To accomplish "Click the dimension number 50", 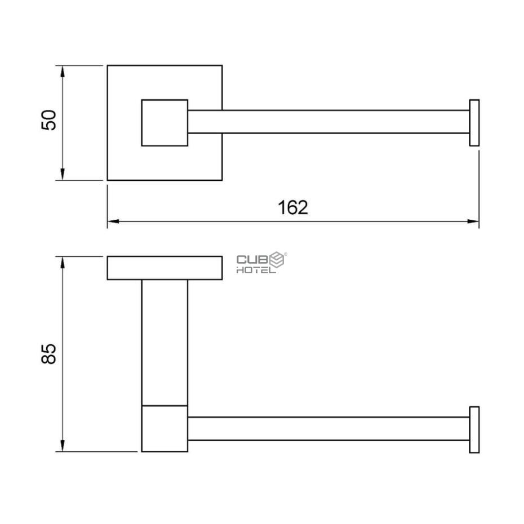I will click(x=50, y=120).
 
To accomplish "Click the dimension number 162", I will click(x=293, y=207).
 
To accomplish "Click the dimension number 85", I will click(x=50, y=353).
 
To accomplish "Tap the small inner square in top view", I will click(x=164, y=123).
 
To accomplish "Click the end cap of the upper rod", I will click(x=474, y=123).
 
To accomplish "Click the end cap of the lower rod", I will click(x=474, y=429).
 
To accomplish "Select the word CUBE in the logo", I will click(x=253, y=259).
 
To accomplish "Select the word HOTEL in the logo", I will click(x=256, y=270).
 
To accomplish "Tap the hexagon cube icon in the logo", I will click(x=278, y=260).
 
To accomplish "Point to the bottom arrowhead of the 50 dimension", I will click(x=63, y=176).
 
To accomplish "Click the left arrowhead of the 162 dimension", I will click(x=112, y=221).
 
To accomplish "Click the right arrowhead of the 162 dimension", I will click(x=474, y=221).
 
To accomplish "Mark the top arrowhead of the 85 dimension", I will click(x=63, y=261).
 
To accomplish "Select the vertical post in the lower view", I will click(x=164, y=341).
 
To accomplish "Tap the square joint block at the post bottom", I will click(x=164, y=428).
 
